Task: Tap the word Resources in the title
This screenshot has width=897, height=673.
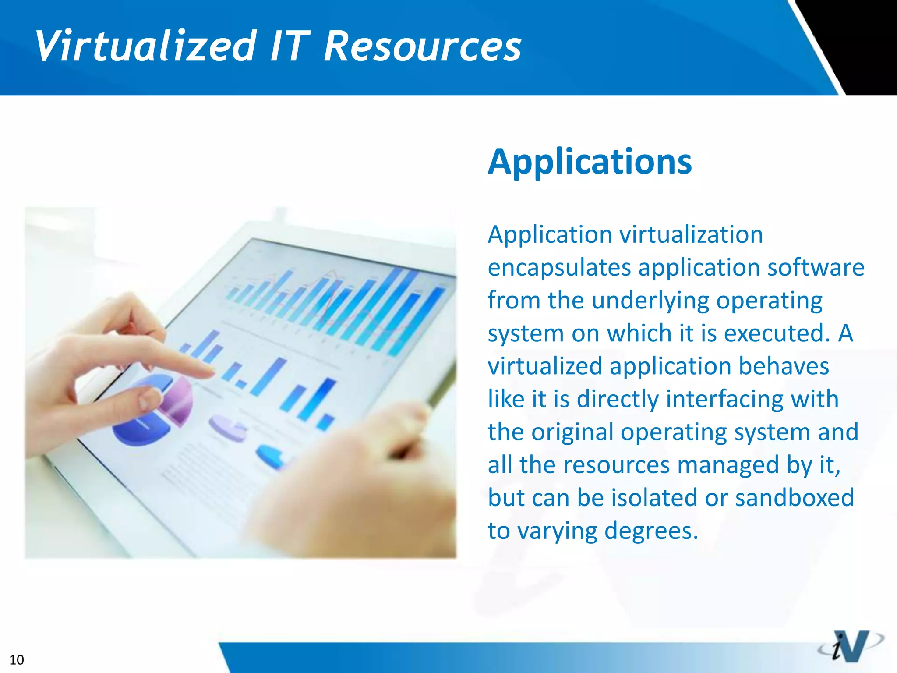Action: click(423, 46)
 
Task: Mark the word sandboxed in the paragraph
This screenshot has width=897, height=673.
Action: click(795, 498)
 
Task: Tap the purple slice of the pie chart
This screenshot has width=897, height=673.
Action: click(177, 401)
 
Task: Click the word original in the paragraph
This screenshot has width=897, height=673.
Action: click(572, 432)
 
